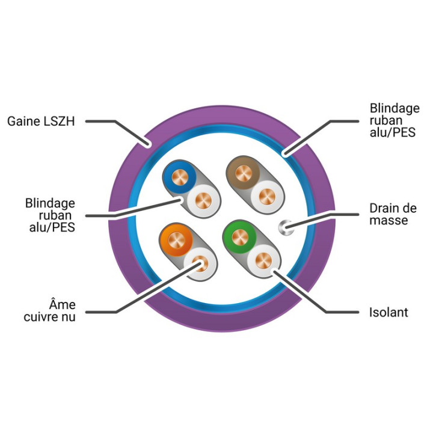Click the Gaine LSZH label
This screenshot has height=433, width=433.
tap(41, 121)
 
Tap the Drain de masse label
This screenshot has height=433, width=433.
tap(393, 214)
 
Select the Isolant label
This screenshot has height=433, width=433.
tap(388, 312)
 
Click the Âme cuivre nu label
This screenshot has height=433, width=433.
tap(50, 311)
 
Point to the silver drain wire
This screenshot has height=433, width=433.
tap(286, 227)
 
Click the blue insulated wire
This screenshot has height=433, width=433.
tap(179, 177)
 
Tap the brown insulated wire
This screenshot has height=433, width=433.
tap(244, 173)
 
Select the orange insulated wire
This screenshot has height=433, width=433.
tap(176, 240)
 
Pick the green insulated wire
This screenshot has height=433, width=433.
tap(240, 237)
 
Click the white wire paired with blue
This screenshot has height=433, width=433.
tap(203, 200)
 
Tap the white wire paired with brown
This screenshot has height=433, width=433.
tap(267, 197)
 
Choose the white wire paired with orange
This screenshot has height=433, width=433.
tap(200, 264)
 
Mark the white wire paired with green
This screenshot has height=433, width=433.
tap(264, 260)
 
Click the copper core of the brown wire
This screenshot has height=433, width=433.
tap(244, 173)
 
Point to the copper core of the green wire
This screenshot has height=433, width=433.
tap(240, 237)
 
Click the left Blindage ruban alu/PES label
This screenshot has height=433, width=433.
tap(51, 215)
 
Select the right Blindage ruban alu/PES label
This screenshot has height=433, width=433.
tap(395, 120)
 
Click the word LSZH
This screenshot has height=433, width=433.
tap(59, 121)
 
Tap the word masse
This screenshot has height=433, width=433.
tap(388, 220)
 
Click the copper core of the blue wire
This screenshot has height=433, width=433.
tap(179, 177)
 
